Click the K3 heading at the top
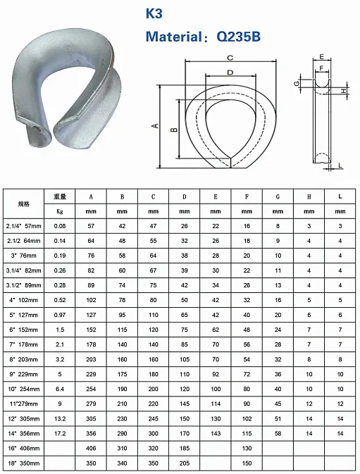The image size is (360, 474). pos(154,13)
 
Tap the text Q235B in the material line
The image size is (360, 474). pos(239,37)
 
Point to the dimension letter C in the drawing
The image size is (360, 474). pos(230,58)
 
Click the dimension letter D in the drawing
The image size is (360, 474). pos(230,73)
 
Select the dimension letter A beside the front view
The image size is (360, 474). pos(156,125)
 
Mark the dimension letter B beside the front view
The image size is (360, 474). pos(174,130)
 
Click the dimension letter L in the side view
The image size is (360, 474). pos(340,165)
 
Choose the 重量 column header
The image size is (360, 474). pos(60,197)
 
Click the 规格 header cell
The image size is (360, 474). pos(23,204)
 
